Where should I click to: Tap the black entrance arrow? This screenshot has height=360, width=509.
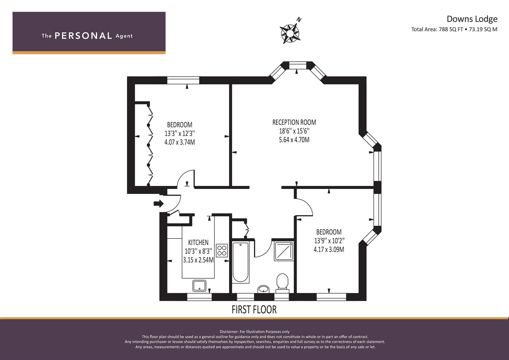pos(159,203)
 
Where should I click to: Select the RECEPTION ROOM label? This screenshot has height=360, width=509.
pos(294,122)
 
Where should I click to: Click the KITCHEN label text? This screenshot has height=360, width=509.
pos(198,242)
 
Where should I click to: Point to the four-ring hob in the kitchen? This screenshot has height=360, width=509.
pos(222,250)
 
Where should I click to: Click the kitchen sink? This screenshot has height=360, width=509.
pos(199,286)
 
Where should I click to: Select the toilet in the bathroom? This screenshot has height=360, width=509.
pos(282,283)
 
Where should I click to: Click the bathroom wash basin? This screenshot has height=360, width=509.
pos(263,289)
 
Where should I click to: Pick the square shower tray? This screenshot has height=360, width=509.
pos(284,251)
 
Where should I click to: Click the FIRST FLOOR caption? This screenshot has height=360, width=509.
pos(254,310)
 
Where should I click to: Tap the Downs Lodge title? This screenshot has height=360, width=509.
pos(472,19)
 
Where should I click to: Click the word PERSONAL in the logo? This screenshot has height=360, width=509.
pos(83,36)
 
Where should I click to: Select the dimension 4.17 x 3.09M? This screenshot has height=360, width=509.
pos(329,249)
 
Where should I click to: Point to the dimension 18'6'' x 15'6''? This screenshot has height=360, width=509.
pos(294,131)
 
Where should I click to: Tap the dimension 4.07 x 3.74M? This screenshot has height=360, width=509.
pos(180,142)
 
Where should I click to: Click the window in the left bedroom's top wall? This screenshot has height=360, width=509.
pos(183,80)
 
